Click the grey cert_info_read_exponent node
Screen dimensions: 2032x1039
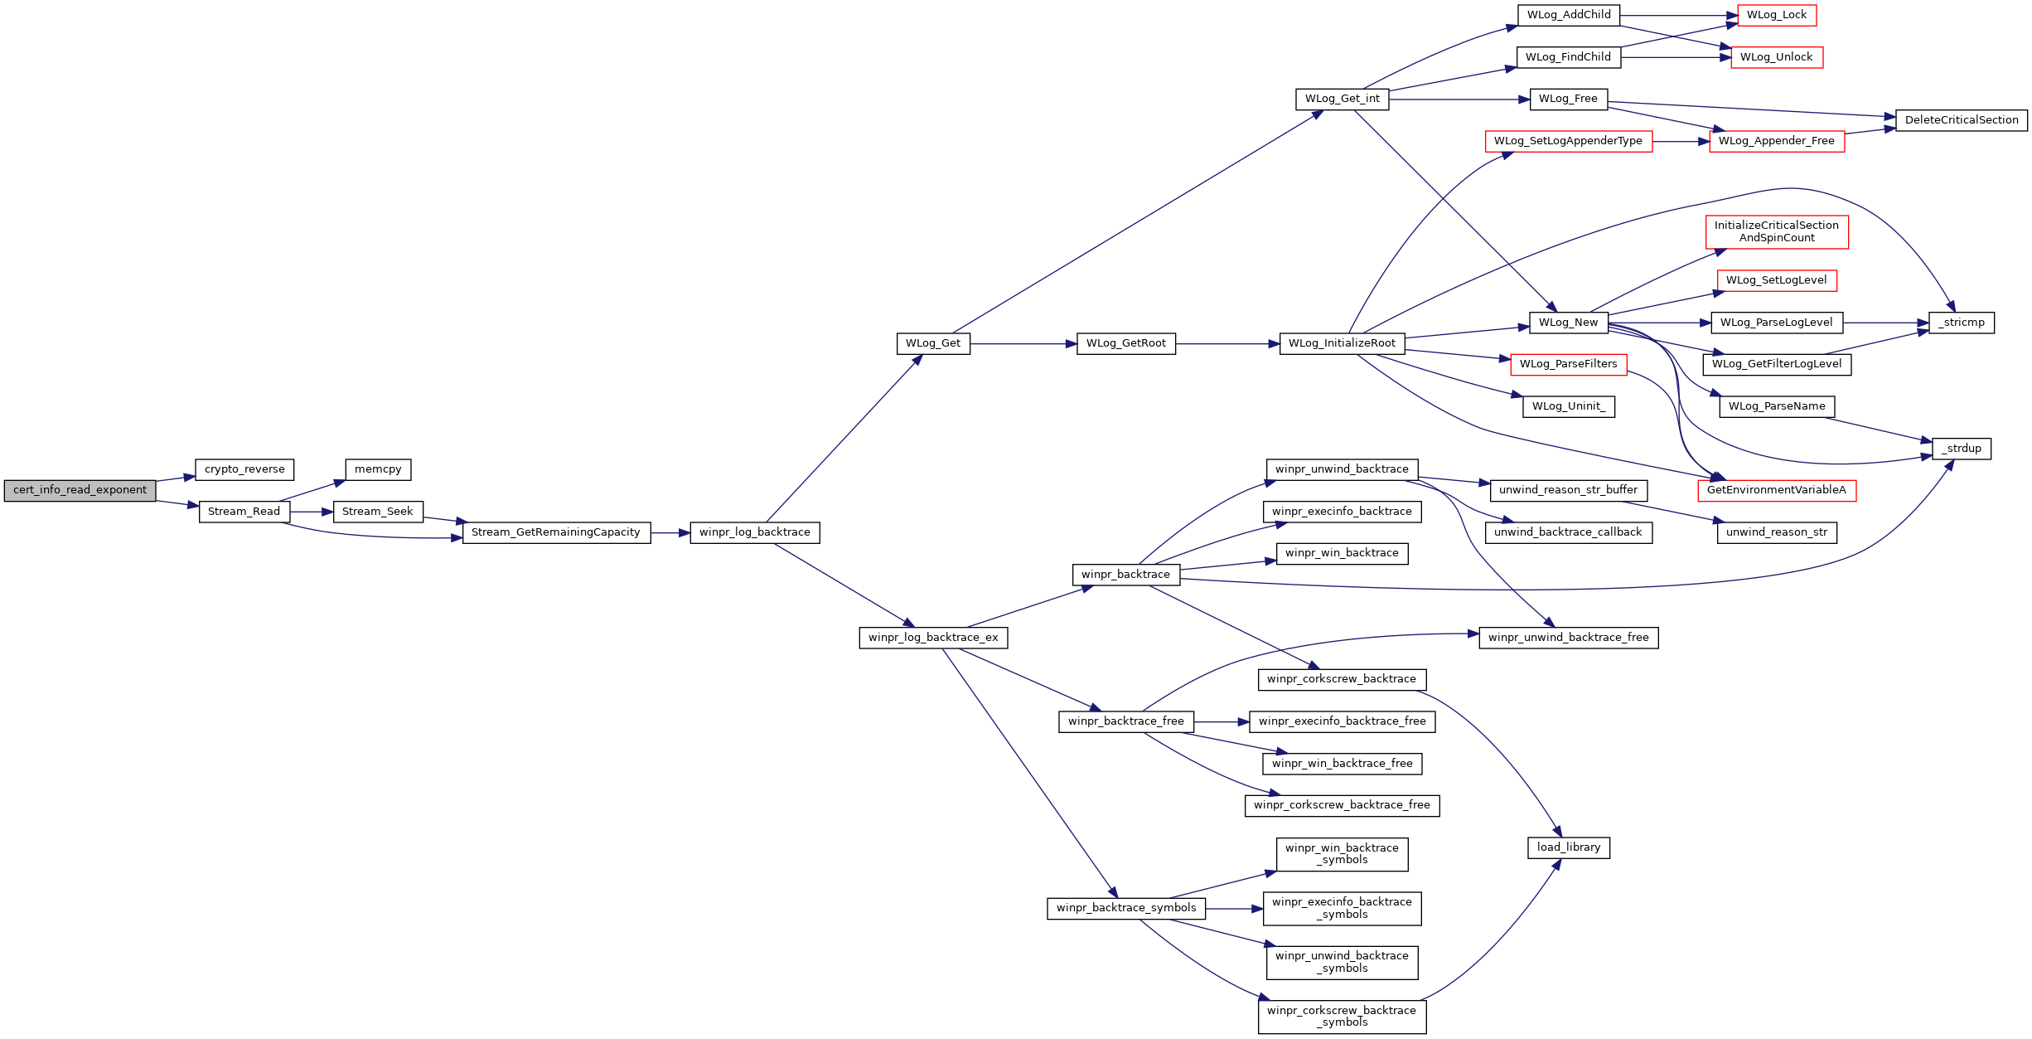point(80,490)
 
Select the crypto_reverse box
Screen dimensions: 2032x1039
point(244,469)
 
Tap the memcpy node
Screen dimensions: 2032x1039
point(378,469)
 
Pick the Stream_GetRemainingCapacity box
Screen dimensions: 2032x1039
point(556,532)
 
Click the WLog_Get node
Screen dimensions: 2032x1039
point(933,343)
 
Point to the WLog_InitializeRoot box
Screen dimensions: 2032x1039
point(1342,343)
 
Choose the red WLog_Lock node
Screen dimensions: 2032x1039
point(1777,15)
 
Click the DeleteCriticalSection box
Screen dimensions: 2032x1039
point(1962,120)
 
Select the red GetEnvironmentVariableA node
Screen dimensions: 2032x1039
point(1777,490)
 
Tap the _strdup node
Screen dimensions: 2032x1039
point(1962,449)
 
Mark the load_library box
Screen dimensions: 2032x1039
point(1569,847)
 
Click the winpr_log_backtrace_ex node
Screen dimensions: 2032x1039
point(933,638)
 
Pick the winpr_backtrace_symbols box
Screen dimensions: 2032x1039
point(1126,909)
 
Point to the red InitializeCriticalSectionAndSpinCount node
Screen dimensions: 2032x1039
point(1777,231)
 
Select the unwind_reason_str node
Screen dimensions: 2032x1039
point(1777,532)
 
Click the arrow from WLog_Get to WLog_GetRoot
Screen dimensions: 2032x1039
point(1023,343)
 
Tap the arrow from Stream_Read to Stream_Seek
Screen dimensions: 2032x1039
point(312,512)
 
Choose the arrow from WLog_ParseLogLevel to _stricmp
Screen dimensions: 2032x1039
point(1886,323)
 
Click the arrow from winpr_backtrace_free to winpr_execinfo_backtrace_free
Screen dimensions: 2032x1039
point(1222,722)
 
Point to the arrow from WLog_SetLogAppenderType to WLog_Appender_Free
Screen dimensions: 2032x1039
point(1681,142)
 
